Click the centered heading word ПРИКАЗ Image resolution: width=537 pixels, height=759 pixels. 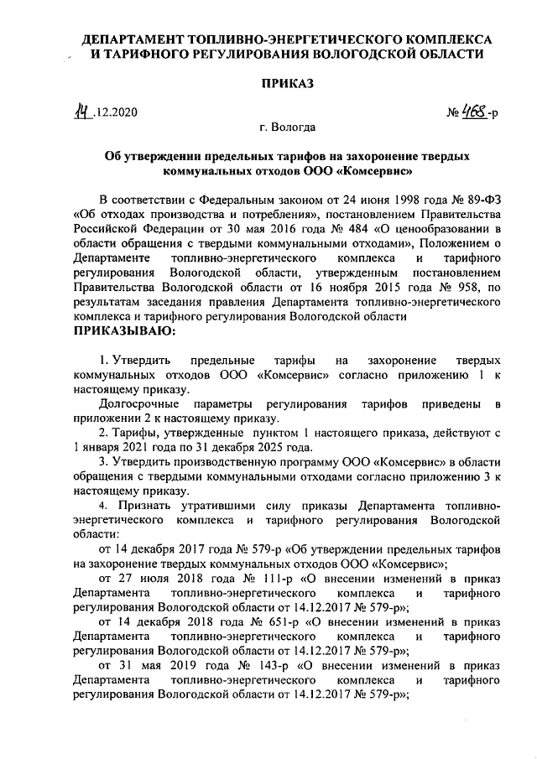[287, 84]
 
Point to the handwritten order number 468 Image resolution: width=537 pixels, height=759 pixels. [474, 110]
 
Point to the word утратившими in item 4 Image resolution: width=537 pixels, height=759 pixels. [206, 507]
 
